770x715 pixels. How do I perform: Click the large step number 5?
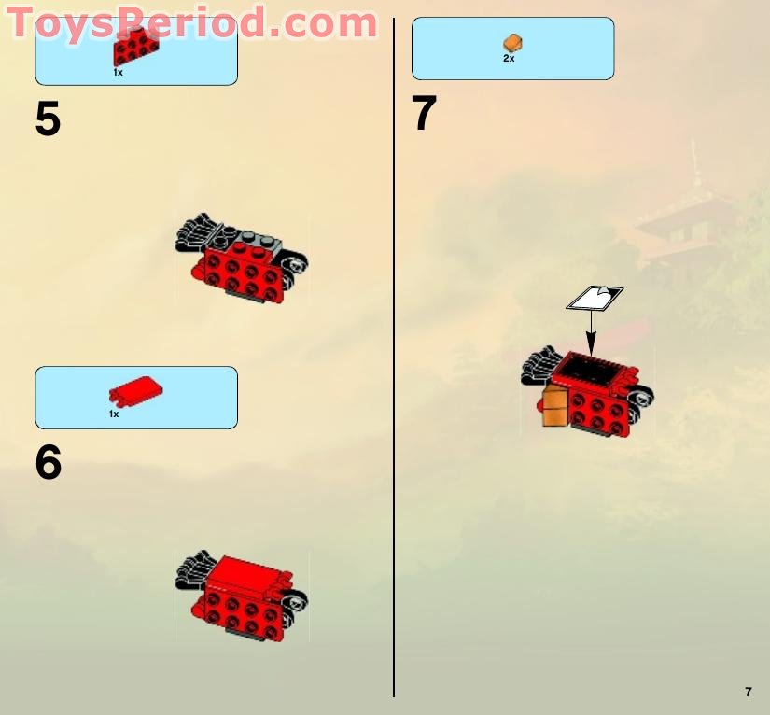(48, 119)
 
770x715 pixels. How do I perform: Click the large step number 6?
(48, 463)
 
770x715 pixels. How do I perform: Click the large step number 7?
(424, 115)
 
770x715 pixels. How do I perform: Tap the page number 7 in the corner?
(748, 692)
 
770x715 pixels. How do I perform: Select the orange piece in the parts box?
(512, 43)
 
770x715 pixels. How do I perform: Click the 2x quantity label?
(509, 59)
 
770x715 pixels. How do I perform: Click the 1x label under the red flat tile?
(114, 414)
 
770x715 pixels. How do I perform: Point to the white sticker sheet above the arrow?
(595, 298)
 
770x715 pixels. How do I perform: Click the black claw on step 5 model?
(197, 233)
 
